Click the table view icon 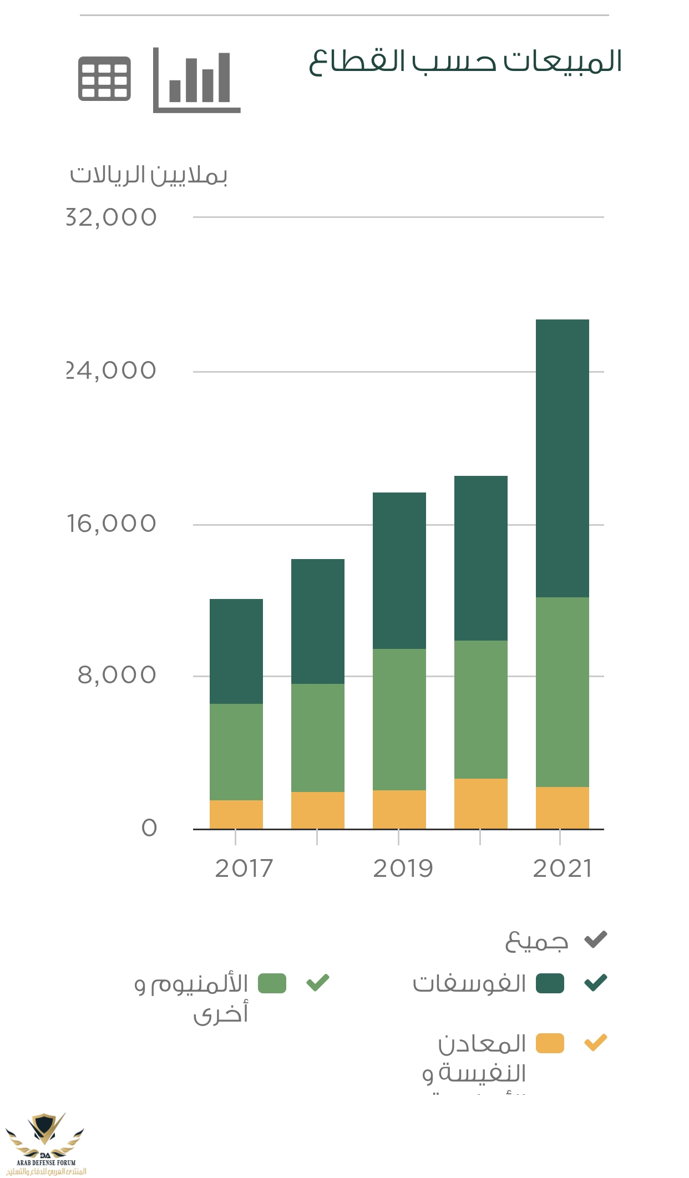[x=104, y=78]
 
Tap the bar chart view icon [x=196, y=80]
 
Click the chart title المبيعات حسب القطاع [x=465, y=61]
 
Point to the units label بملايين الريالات [x=149, y=175]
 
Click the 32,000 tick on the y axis [x=112, y=217]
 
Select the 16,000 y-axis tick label [x=112, y=524]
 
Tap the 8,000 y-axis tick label [x=117, y=675]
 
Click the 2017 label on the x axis [x=244, y=869]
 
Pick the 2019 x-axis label [x=403, y=869]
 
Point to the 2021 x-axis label [x=563, y=869]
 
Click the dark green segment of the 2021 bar [x=562, y=458]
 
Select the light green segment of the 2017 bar [x=236, y=752]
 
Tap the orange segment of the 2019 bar [x=399, y=809]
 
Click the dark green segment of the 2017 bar [x=236, y=651]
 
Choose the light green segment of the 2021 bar [x=562, y=692]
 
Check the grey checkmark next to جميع [x=596, y=940]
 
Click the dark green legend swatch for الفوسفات [x=550, y=983]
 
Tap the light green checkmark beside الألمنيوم [x=318, y=983]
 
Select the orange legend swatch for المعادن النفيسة [x=550, y=1043]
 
